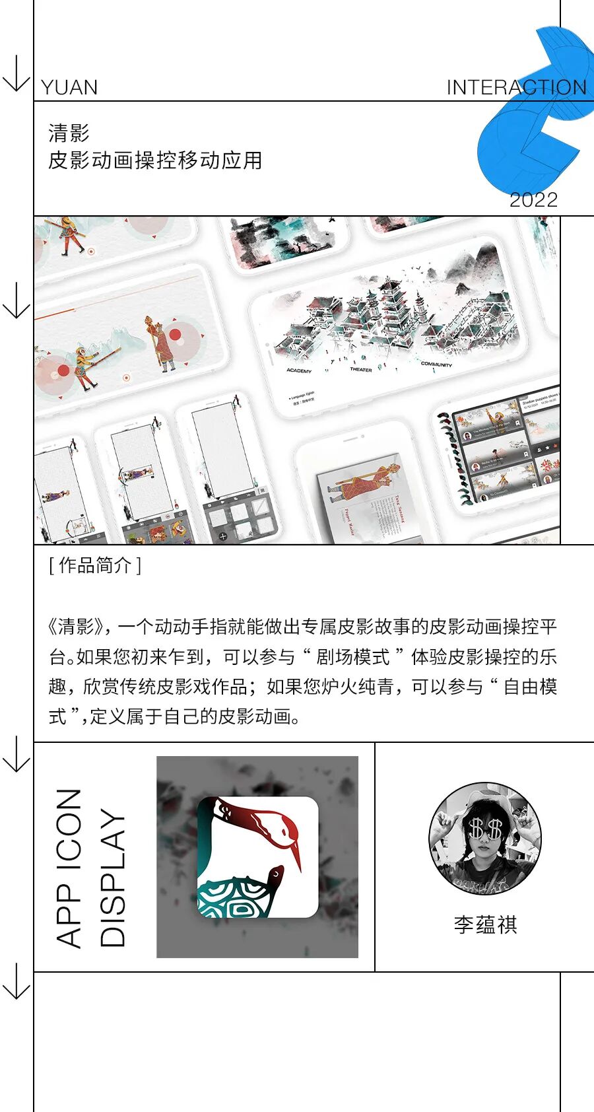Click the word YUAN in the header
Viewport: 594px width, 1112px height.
click(x=69, y=88)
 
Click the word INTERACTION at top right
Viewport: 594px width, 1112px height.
click(x=516, y=88)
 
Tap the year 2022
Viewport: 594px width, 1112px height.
click(x=533, y=199)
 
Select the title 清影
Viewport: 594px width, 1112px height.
click(x=69, y=133)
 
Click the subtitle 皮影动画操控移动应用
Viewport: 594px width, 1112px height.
click(x=155, y=160)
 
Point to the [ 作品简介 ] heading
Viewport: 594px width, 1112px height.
click(x=95, y=565)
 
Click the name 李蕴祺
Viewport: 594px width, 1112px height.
click(x=485, y=924)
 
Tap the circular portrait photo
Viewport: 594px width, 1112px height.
click(x=485, y=839)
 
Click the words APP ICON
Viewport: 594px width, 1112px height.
click(x=69, y=868)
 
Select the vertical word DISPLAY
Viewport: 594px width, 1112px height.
click(x=112, y=878)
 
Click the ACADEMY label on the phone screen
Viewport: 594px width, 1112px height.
click(x=299, y=370)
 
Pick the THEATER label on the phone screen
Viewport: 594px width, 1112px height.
click(x=360, y=369)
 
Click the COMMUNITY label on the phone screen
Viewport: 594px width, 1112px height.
click(x=436, y=364)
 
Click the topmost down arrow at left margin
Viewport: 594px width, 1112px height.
click(x=16, y=74)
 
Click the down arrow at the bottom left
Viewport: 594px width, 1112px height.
click(x=16, y=981)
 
